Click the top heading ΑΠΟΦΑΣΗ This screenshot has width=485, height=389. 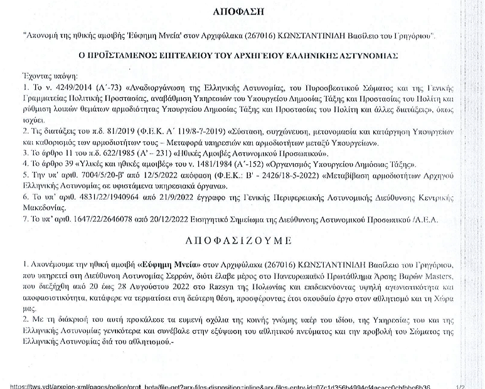coord(242,12)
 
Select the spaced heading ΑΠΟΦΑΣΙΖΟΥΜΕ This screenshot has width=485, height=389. coord(242,240)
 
